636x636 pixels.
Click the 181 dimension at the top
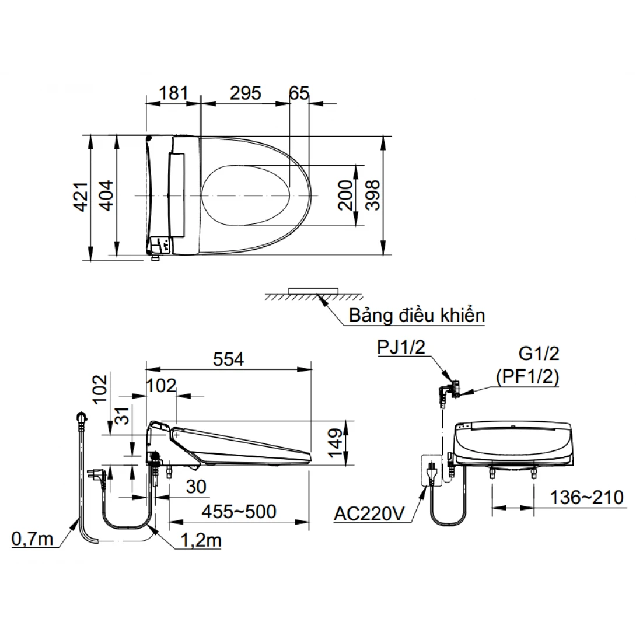click(x=173, y=93)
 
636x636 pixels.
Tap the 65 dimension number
click(x=299, y=93)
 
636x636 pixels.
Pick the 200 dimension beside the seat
click(x=345, y=195)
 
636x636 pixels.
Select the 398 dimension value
click(x=372, y=195)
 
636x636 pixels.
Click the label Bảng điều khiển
click(x=417, y=316)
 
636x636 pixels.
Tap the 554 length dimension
click(x=228, y=359)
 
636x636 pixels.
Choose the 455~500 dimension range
click(x=239, y=512)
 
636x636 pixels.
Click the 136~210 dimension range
click(x=587, y=498)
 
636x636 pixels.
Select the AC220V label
click(x=369, y=514)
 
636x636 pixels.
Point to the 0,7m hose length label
click(x=32, y=539)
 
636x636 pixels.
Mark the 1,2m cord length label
click(x=202, y=540)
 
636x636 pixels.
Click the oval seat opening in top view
click(x=247, y=194)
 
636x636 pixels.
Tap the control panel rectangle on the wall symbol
click(x=314, y=290)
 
